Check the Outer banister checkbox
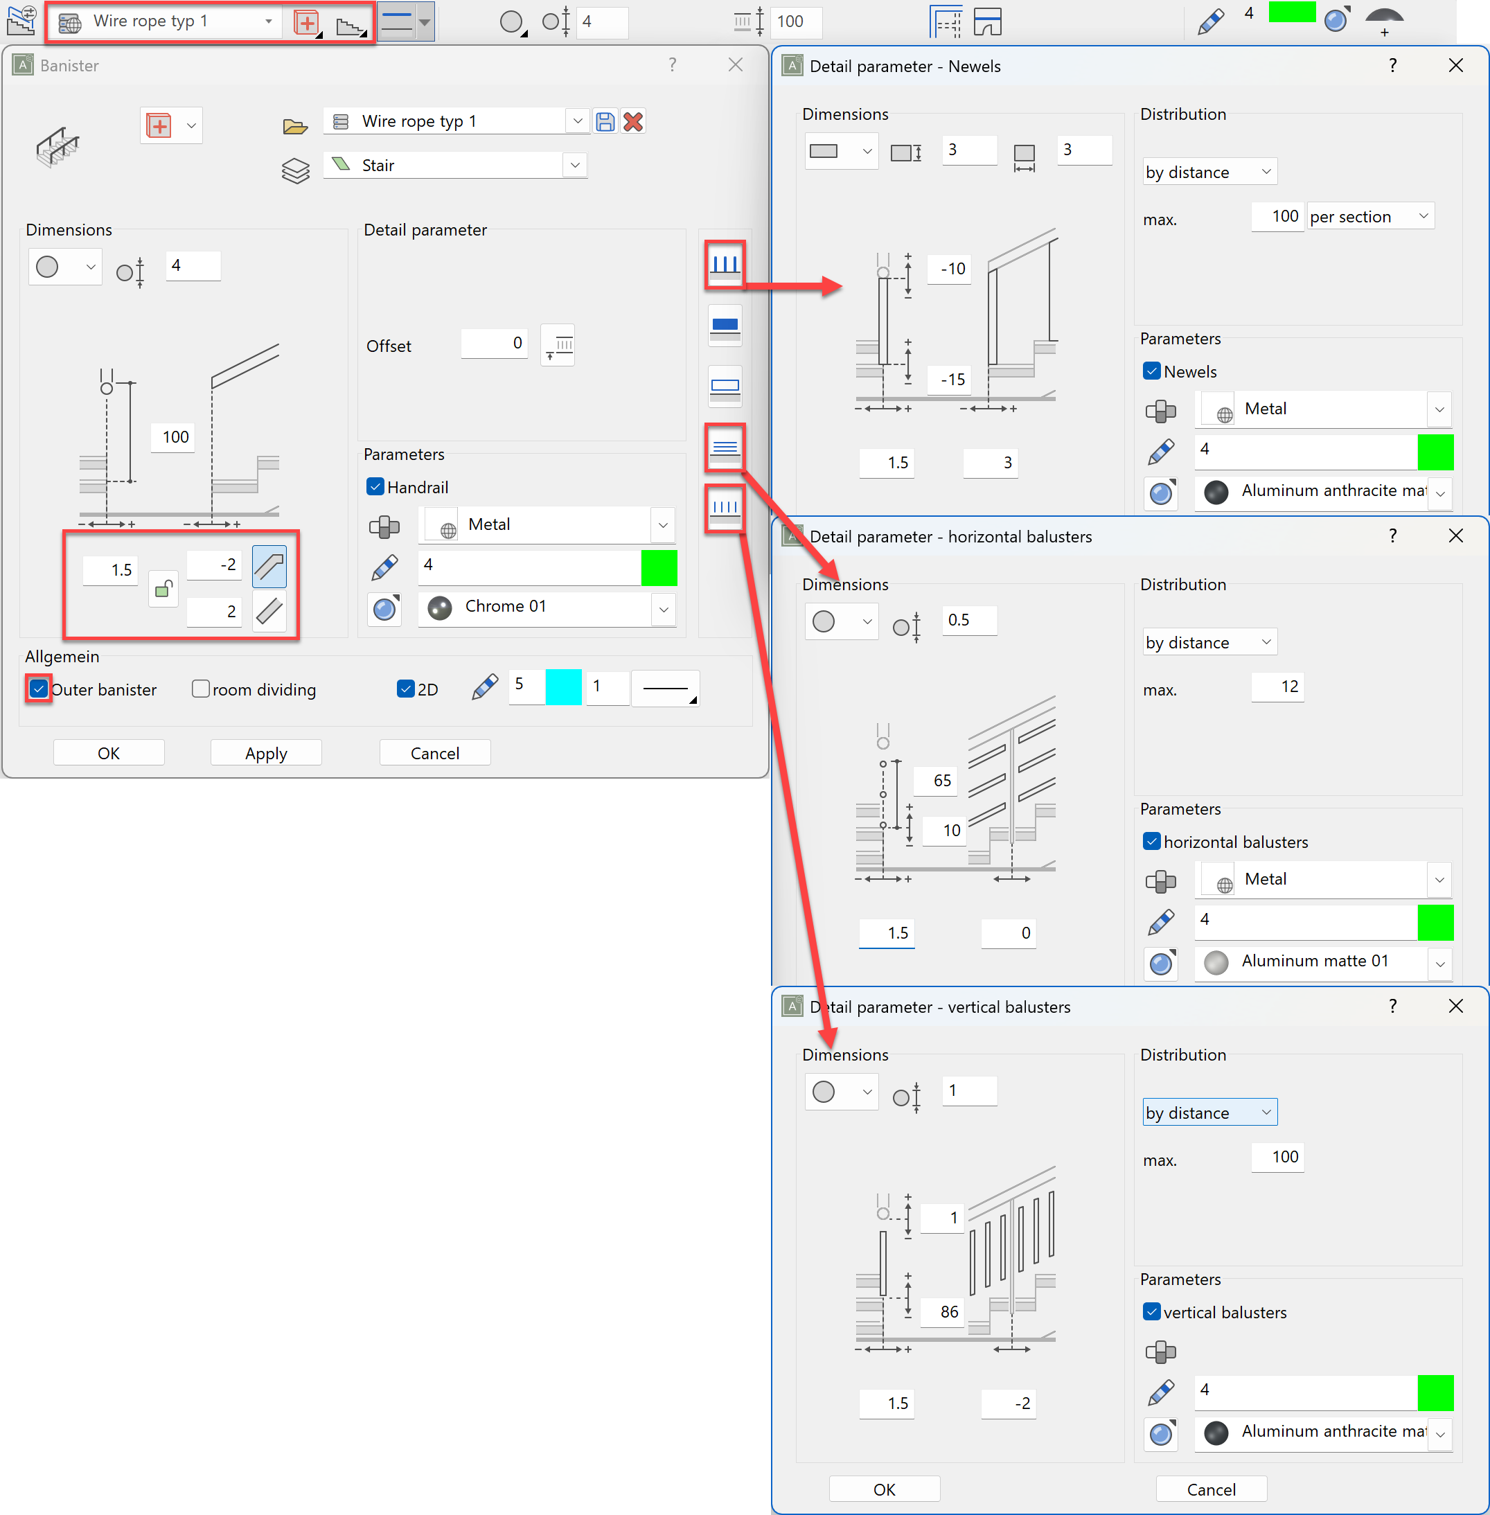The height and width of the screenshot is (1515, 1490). [38, 689]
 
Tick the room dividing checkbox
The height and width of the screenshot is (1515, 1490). [201, 689]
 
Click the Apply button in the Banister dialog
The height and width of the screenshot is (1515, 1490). [266, 753]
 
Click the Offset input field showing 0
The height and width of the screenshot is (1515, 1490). [494, 344]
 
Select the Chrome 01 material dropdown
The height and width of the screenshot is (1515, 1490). [547, 608]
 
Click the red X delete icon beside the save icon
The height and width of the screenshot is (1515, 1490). [633, 121]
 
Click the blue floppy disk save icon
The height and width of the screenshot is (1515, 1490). [605, 121]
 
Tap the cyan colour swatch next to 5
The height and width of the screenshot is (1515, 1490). [563, 688]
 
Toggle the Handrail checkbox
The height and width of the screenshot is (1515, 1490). [375, 487]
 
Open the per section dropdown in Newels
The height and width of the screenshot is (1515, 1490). [1369, 216]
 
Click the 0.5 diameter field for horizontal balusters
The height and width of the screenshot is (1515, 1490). [969, 621]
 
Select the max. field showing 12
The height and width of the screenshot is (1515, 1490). [1278, 687]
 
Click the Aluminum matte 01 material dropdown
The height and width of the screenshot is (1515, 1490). [1322, 962]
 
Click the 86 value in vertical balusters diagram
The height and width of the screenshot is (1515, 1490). [948, 1312]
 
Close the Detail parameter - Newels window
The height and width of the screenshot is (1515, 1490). [1455, 66]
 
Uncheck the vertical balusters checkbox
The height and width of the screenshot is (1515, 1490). [1152, 1312]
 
